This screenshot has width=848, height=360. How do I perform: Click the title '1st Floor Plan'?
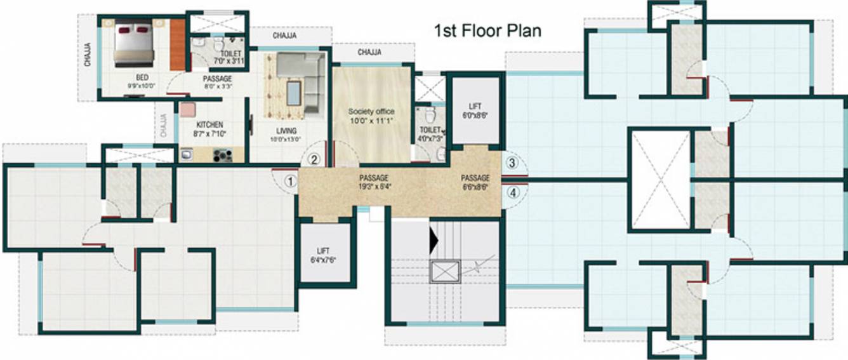(x=487, y=30)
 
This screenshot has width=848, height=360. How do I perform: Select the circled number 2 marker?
(x=314, y=160)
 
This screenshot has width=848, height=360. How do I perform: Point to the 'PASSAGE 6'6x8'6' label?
(x=475, y=182)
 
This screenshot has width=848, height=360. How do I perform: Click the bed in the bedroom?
(x=134, y=43)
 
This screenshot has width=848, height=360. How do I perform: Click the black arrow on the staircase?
(x=434, y=240)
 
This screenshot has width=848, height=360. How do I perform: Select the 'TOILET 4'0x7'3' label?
(x=429, y=133)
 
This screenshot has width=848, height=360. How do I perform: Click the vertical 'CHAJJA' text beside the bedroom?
(x=87, y=55)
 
